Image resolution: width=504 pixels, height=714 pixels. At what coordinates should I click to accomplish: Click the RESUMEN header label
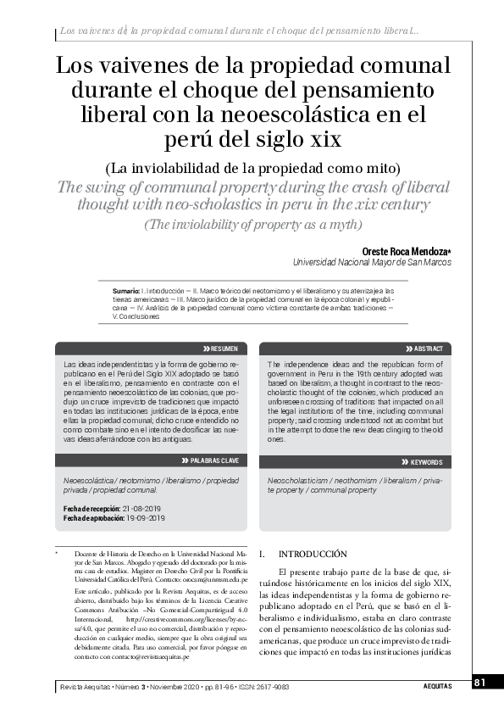click(224, 349)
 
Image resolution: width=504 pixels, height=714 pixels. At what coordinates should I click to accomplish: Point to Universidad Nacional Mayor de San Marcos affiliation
click(372, 264)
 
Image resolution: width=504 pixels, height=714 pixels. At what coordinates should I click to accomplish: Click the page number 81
click(479, 683)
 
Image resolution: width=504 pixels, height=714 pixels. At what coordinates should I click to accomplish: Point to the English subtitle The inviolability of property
click(252, 225)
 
